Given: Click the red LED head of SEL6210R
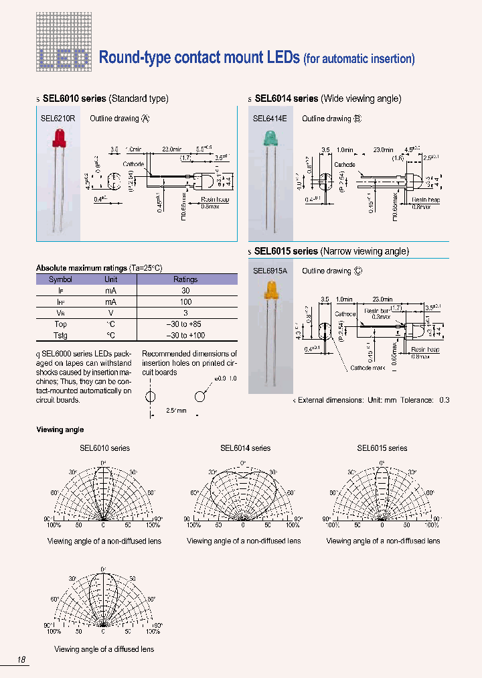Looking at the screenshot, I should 57,138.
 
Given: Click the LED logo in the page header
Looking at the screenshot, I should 63,59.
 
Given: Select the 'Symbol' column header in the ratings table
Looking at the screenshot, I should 60,279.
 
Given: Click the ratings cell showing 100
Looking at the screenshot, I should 185,301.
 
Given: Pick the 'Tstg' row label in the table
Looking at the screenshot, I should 60,335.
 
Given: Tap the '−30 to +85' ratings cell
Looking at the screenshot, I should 185,324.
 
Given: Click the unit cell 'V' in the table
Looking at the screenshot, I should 110,313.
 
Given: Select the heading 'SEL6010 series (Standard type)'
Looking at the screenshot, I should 105,98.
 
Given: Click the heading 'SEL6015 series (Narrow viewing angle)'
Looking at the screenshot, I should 331,251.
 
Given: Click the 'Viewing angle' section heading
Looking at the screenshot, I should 60,429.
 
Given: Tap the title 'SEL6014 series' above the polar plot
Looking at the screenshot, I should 245,448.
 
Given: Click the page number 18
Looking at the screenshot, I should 21,660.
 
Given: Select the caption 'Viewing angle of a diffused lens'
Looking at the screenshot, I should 104,649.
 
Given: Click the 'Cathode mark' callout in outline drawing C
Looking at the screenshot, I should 367,368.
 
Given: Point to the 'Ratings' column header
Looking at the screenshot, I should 185,279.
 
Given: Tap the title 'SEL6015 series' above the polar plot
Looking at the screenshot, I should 382,448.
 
